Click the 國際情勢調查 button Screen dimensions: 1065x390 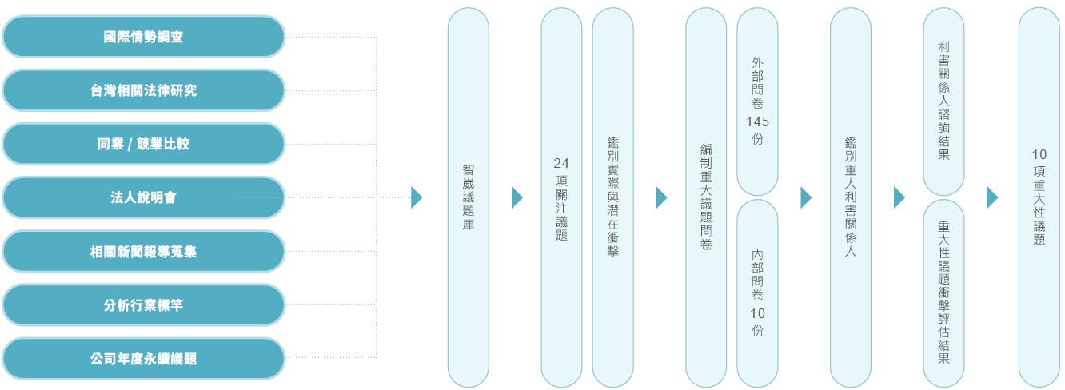[143, 37]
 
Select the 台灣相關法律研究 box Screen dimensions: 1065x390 [143, 90]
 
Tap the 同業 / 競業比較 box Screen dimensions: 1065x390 [143, 144]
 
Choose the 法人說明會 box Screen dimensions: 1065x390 [143, 197]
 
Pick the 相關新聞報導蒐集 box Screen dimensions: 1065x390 [143, 251]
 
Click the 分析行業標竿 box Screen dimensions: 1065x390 [143, 305]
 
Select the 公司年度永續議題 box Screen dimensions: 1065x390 [143, 359]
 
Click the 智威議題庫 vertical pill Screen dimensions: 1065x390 [469, 197]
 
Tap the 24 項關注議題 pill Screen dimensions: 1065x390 [561, 197]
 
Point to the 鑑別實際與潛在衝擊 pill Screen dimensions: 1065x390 [612, 197]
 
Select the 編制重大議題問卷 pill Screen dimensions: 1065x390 [706, 197]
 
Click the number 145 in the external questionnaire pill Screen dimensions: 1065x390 [757, 122]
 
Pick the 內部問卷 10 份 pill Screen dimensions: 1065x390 [757, 293]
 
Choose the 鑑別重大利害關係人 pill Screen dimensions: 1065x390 [851, 197]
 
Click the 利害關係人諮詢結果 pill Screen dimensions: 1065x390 [943, 101]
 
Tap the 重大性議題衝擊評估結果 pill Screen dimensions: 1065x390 [943, 293]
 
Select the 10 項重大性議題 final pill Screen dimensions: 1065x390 [1039, 197]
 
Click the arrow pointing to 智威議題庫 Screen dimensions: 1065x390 [417, 197]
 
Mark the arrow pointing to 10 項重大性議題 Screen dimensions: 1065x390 [992, 197]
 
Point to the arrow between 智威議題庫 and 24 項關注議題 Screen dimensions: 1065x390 [517, 197]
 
